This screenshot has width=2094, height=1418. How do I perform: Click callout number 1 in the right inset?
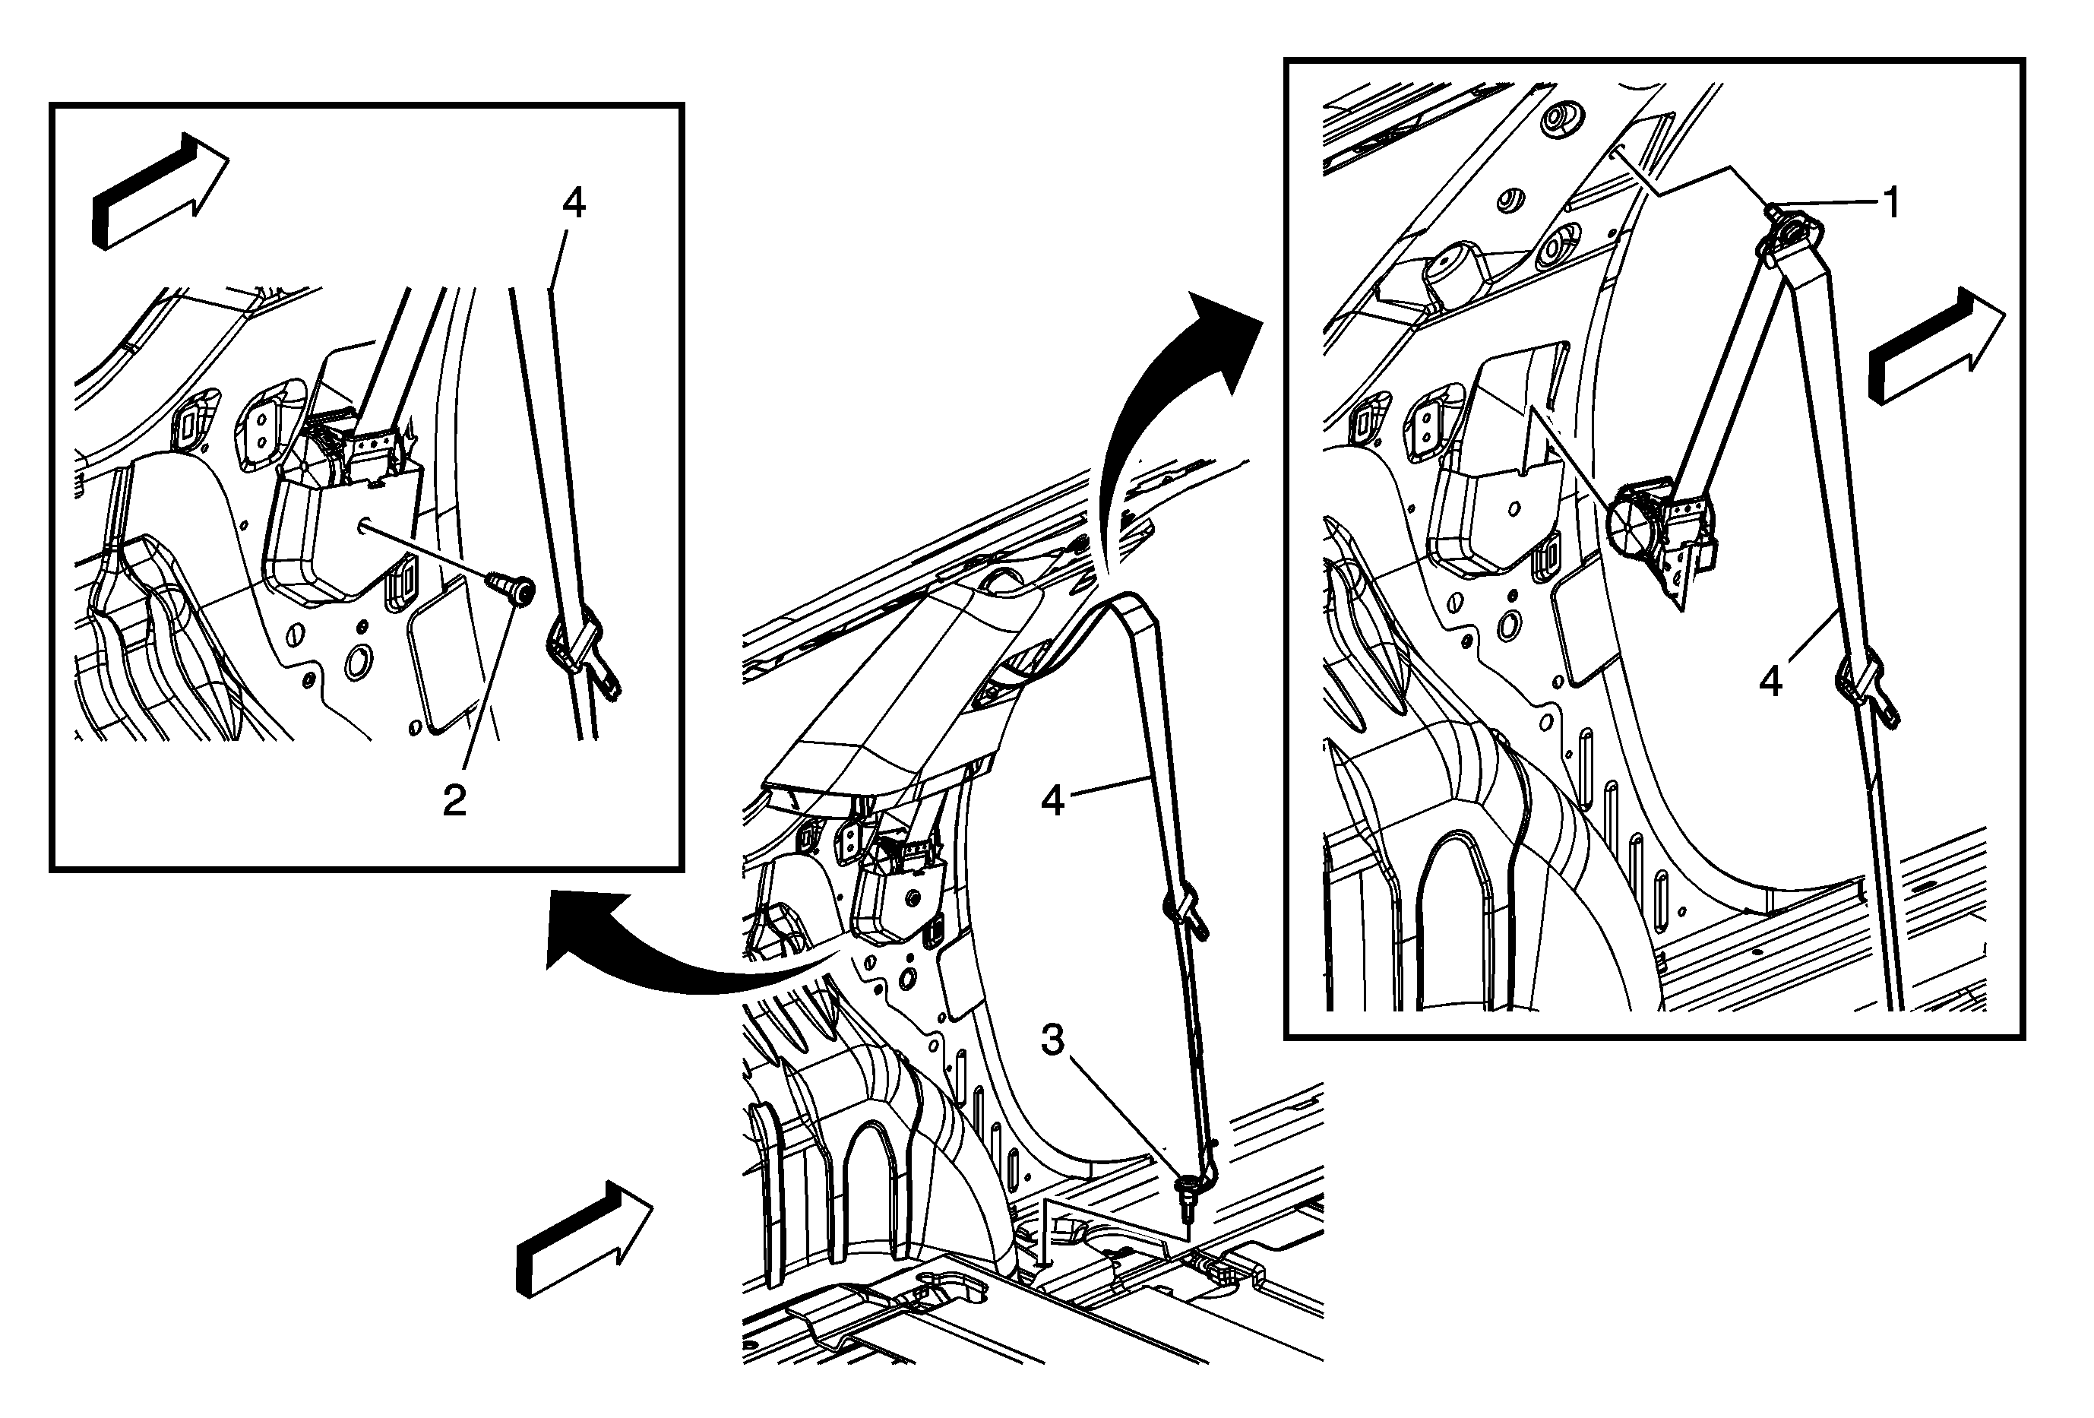(1892, 203)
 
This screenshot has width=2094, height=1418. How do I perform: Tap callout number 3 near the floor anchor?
(1053, 1040)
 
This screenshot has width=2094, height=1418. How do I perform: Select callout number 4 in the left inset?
(573, 203)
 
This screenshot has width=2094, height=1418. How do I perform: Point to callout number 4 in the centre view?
(1052, 799)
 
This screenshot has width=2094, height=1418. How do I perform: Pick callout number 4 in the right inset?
(1770, 682)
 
